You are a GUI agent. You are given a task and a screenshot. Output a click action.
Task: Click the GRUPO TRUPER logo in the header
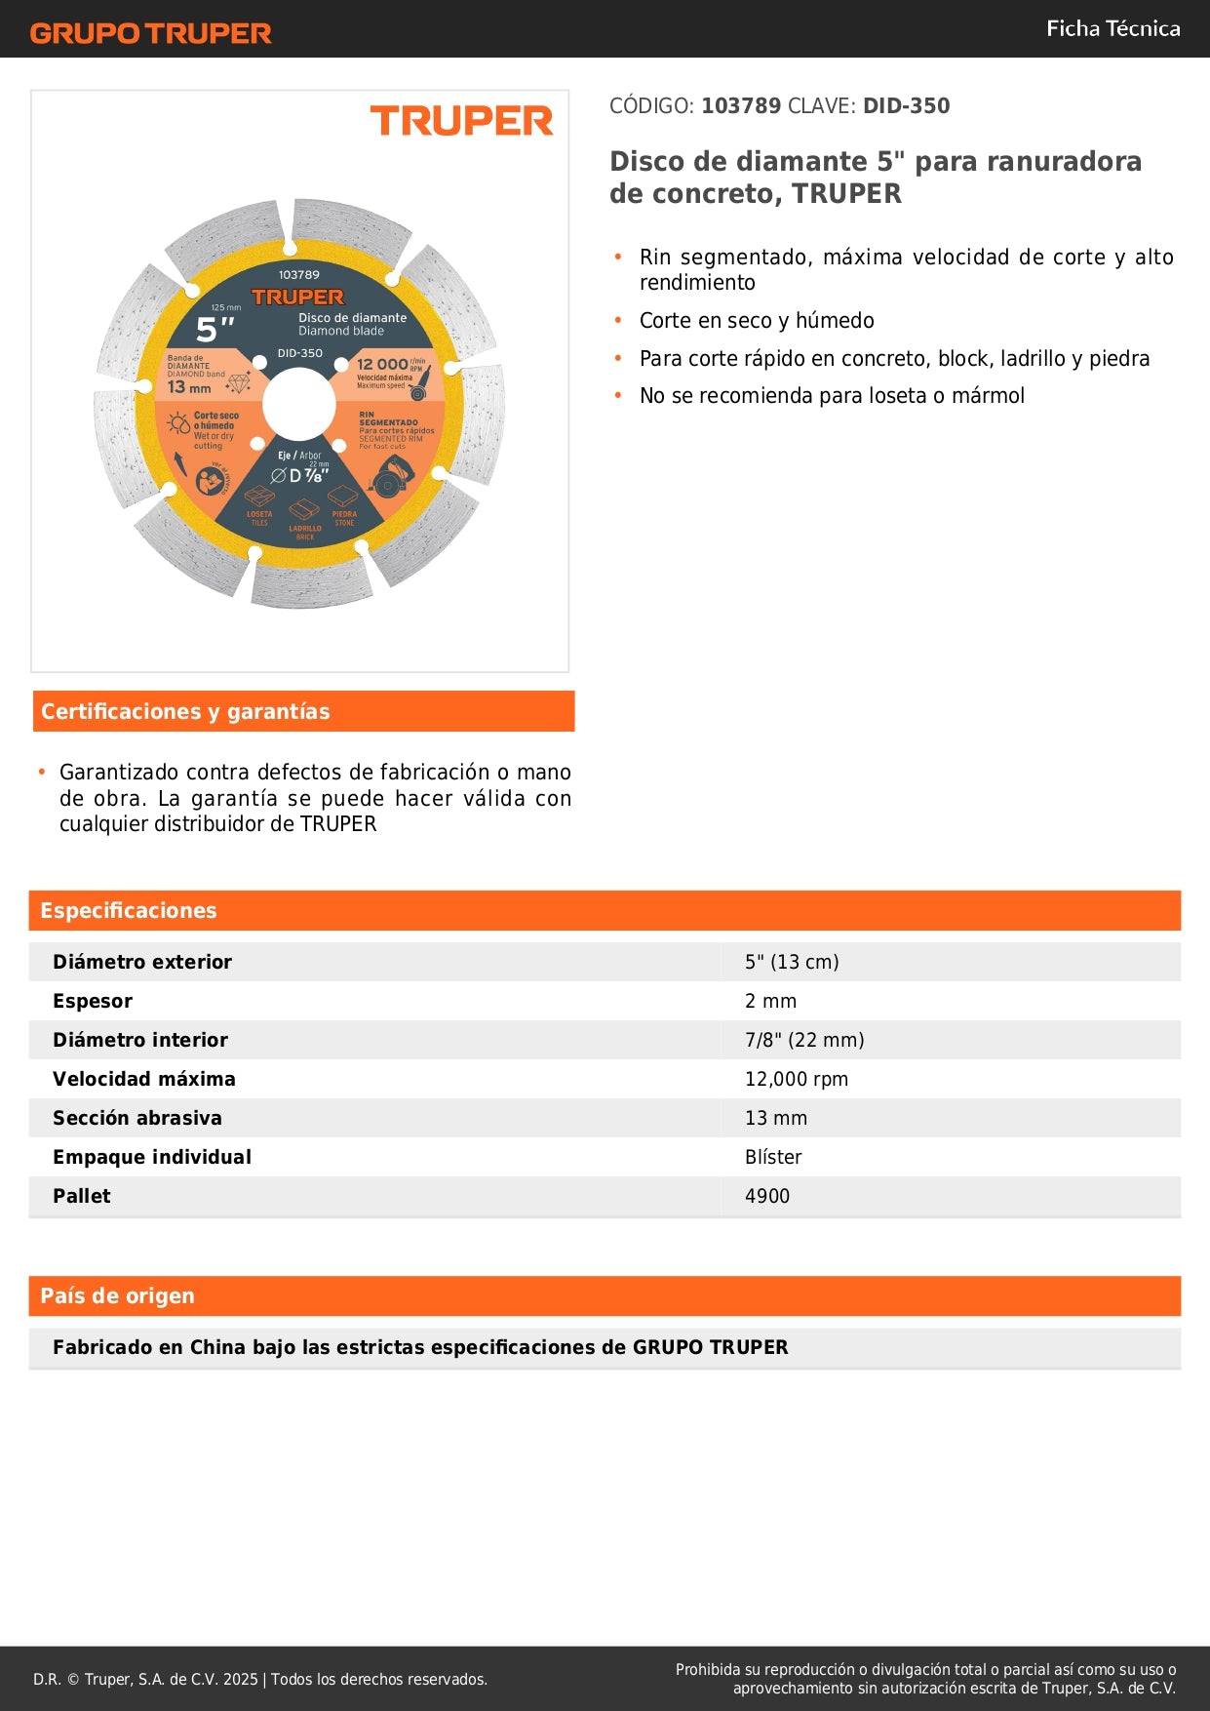(150, 33)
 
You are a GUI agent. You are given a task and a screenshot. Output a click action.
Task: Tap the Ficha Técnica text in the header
(1112, 29)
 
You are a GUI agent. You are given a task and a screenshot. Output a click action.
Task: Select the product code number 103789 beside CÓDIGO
(741, 106)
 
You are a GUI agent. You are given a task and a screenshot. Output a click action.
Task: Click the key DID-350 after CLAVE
(906, 106)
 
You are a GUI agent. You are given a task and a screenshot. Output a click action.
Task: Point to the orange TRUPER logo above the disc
(461, 121)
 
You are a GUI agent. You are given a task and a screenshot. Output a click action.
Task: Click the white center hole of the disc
(298, 405)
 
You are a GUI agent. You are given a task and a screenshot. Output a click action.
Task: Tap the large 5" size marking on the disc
(215, 330)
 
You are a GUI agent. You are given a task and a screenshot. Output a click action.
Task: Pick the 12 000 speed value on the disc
(382, 364)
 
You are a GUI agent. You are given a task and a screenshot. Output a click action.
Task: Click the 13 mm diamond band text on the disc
(189, 387)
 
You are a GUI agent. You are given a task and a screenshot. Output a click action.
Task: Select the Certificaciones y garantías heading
(185, 712)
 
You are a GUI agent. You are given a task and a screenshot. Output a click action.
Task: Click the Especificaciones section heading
(129, 911)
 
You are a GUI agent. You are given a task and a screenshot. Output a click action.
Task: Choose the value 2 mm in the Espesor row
(770, 1002)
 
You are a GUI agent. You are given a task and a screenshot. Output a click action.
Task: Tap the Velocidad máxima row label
(144, 1080)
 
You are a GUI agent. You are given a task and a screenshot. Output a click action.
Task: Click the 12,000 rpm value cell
(796, 1080)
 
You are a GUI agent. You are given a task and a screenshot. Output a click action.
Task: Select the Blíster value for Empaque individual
(773, 1158)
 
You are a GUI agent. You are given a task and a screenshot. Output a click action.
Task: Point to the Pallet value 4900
(767, 1197)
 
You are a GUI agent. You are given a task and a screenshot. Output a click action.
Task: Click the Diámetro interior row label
(140, 1041)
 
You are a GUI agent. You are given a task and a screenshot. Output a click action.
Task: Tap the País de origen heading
(117, 1296)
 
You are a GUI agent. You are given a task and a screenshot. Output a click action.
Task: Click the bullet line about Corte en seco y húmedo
(757, 321)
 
